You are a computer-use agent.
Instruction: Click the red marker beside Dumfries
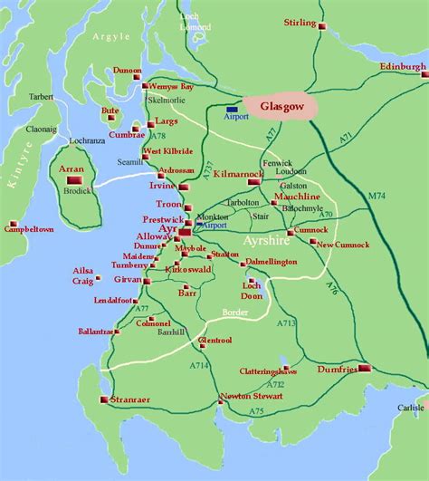pos(365,369)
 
